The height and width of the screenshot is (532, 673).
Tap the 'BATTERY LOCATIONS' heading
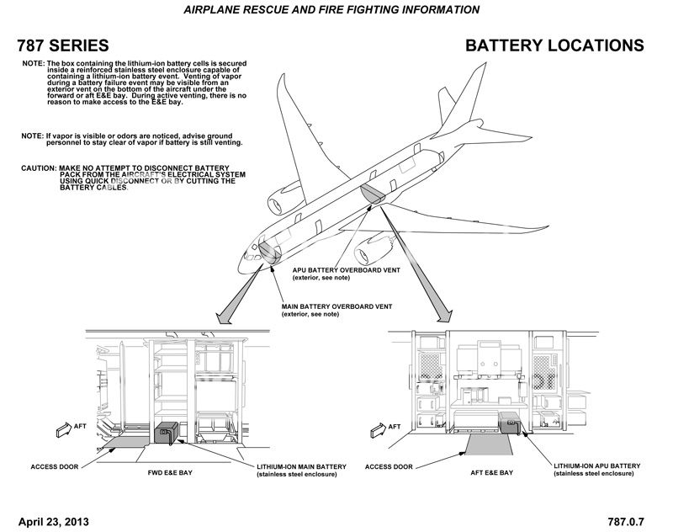(554, 45)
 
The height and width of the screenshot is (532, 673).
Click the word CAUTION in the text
(39, 168)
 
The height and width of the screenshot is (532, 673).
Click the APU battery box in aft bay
(510, 421)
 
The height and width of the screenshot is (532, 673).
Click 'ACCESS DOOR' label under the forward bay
(56, 465)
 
